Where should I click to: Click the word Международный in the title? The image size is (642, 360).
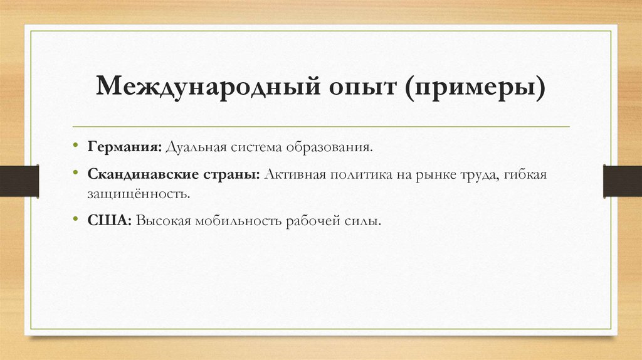[204, 89]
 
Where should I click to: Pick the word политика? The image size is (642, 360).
[356, 174]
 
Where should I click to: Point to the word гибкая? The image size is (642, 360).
[525, 174]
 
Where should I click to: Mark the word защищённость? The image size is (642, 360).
[138, 193]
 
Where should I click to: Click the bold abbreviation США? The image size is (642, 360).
[109, 221]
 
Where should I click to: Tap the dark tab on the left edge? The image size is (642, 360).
[19, 180]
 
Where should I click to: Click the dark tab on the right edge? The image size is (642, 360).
[623, 180]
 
